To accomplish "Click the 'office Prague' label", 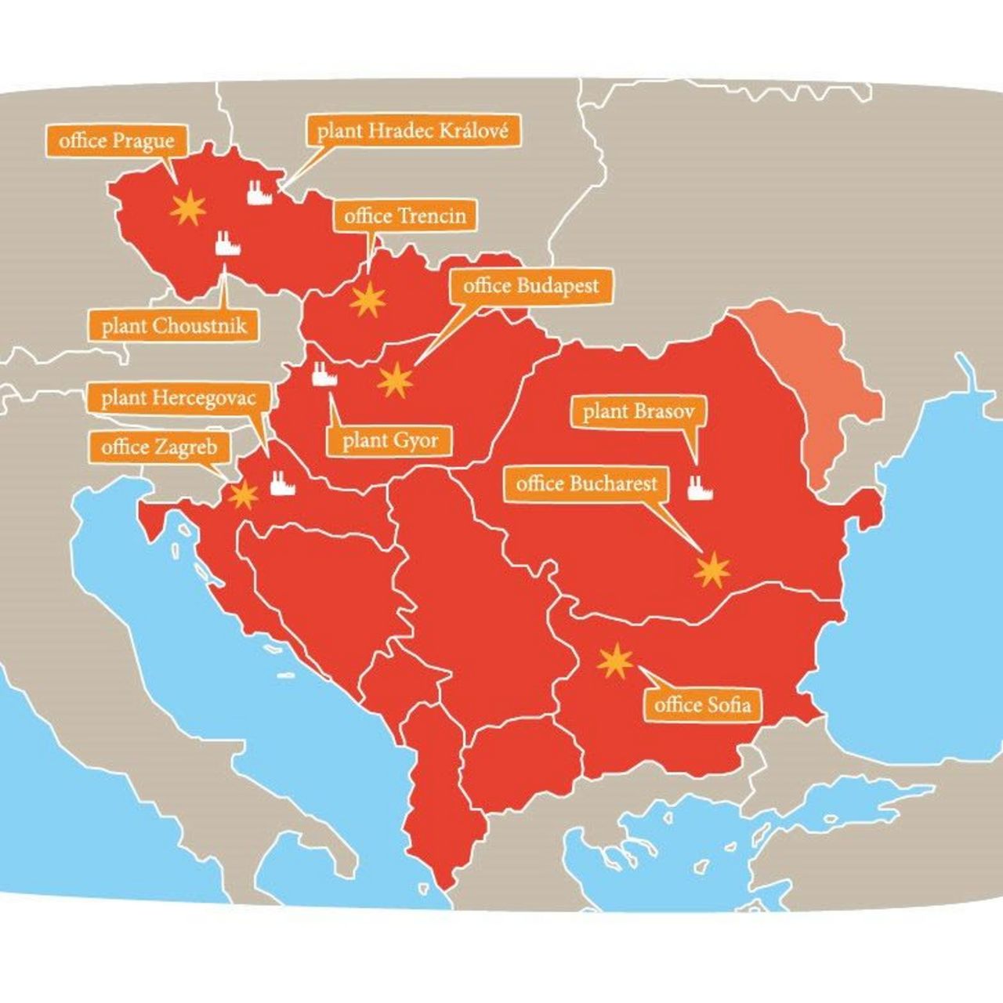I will tap(116, 141).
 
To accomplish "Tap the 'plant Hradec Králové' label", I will tap(412, 131).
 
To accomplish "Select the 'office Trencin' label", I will tap(404, 215).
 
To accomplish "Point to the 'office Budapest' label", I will tap(530, 286).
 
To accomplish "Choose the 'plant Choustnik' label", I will tap(174, 325).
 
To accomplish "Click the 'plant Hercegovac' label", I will tap(178, 398).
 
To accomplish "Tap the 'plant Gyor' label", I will tap(389, 440).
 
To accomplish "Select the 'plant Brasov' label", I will tap(637, 411).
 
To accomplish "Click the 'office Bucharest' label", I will tap(586, 483).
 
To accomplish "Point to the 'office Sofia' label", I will tap(701, 704).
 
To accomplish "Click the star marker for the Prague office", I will tap(188, 208).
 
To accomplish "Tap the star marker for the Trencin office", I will tap(368, 300).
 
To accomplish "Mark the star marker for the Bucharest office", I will tap(712, 570).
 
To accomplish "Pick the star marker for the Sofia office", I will tap(615, 663).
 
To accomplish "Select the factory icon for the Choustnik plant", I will tap(227, 243).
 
